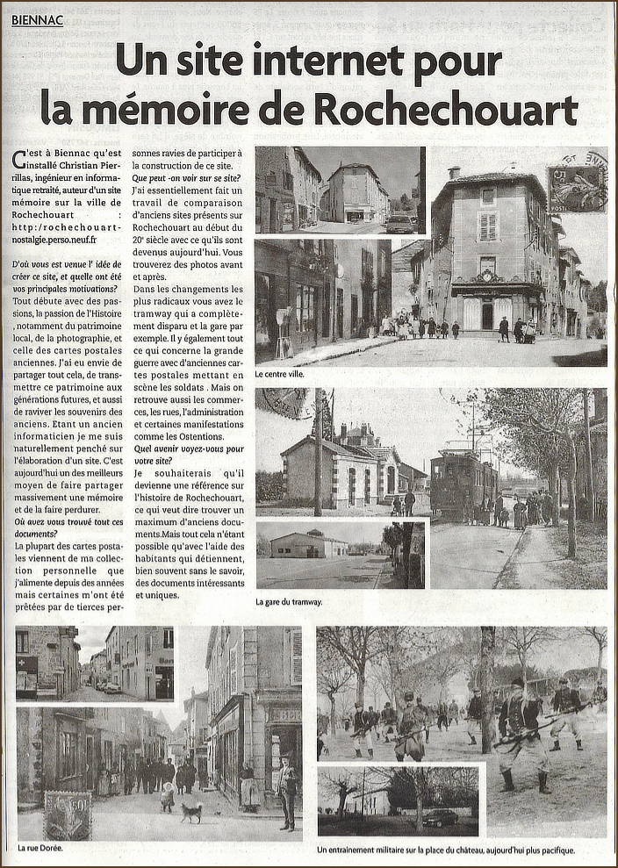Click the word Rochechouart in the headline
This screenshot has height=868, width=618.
click(x=446, y=109)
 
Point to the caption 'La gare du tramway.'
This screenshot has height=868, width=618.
click(x=289, y=602)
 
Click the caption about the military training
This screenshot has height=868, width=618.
click(x=446, y=850)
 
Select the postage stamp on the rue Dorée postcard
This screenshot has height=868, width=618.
click(x=68, y=815)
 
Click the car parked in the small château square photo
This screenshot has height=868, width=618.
click(x=441, y=817)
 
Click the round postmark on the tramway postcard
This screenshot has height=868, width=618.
click(x=283, y=403)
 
